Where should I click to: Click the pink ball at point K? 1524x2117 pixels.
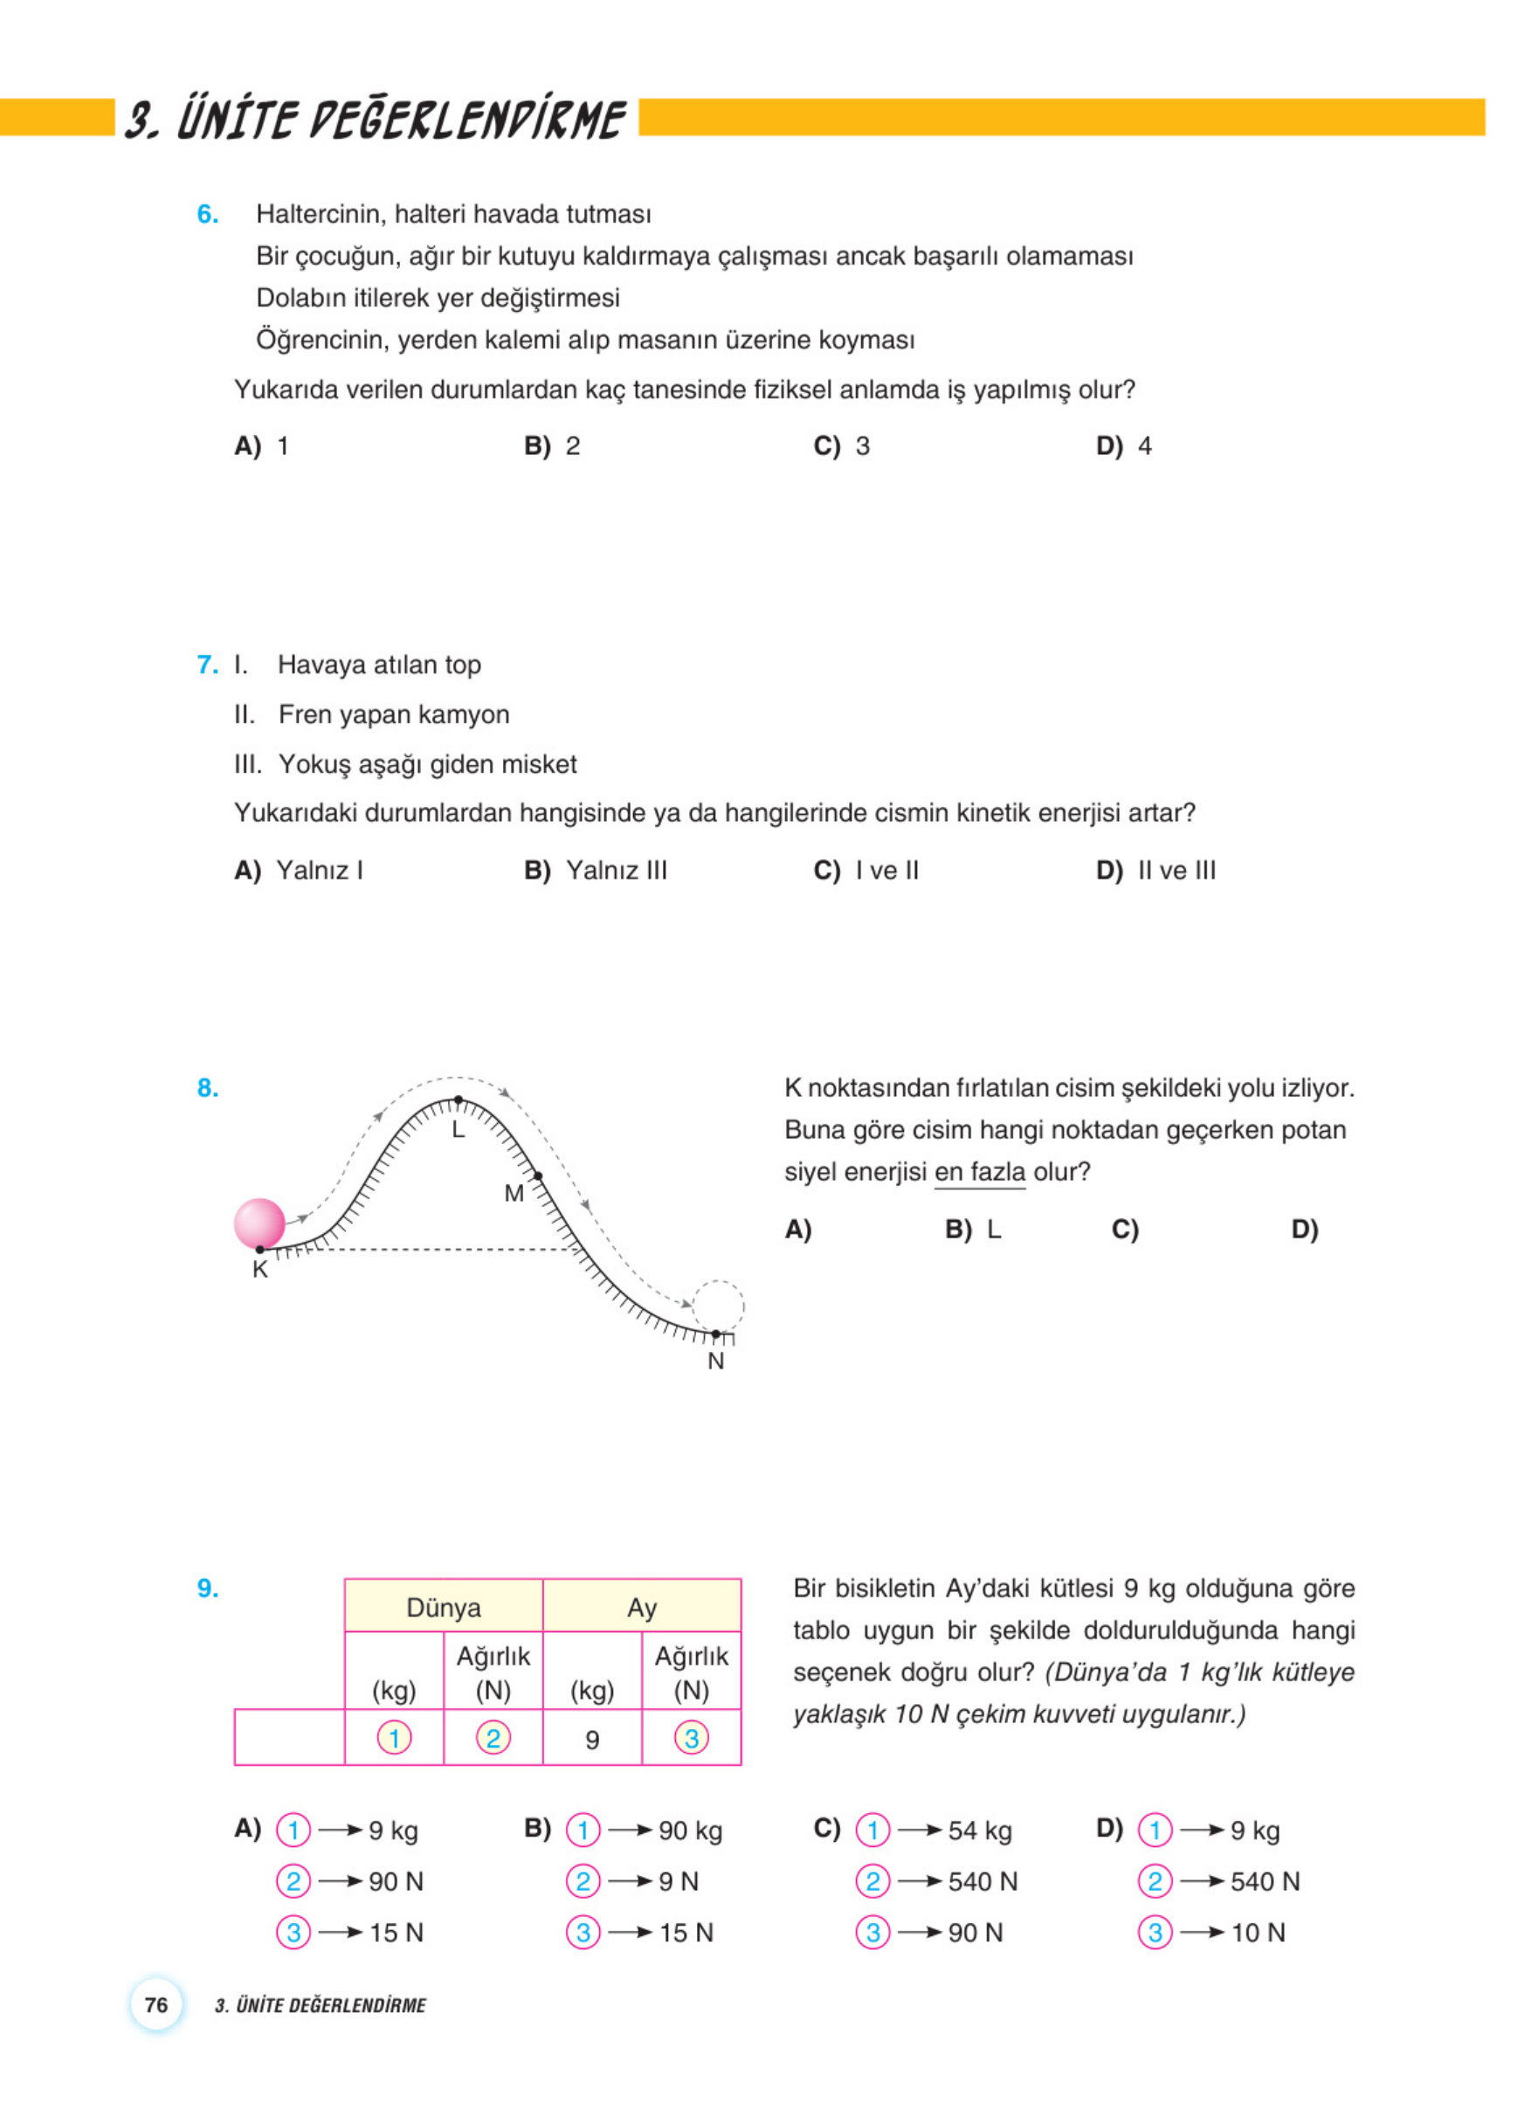tap(259, 1223)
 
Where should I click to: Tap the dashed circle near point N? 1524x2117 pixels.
tap(718, 1306)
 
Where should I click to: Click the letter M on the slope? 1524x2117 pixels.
tap(514, 1194)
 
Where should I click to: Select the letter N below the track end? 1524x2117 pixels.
tap(716, 1361)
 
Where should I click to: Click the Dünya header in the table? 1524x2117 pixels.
tap(444, 1607)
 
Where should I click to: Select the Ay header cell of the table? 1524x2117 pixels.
tap(642, 1607)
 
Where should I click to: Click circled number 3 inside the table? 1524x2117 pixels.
tap(692, 1738)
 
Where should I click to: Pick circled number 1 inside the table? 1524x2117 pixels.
tap(394, 1738)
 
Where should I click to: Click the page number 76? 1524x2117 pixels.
tap(157, 2004)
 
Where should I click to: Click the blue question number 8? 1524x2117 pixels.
tap(208, 1087)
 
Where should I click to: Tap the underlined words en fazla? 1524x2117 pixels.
tap(979, 1171)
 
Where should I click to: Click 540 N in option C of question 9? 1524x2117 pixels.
tap(983, 1882)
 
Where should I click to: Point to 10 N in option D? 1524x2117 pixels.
tap(1258, 1933)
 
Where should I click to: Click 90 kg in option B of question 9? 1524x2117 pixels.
tap(691, 1831)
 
